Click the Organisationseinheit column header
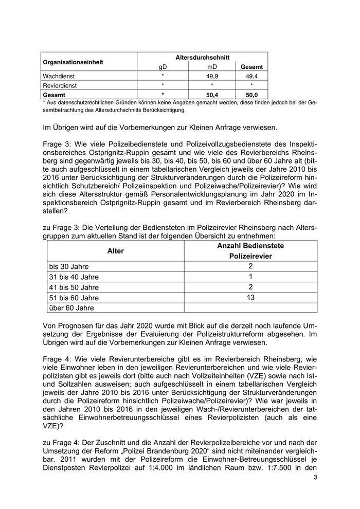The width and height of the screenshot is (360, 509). tap(73, 62)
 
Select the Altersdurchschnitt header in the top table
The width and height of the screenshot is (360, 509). tap(202, 58)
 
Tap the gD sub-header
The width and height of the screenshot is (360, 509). tap(163, 67)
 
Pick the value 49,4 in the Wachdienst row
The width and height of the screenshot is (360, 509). tap(251, 76)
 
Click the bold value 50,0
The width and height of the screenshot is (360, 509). tap(251, 95)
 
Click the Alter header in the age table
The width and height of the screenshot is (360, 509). tap(115, 251)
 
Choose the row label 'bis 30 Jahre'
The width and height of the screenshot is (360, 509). tap(69, 267)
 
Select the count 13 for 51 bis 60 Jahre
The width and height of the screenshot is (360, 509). tap(250, 297)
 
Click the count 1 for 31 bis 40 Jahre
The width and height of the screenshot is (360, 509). tap(250, 277)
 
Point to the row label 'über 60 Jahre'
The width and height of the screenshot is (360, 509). tap(71, 308)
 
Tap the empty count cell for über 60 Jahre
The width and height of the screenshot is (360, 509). tap(250, 307)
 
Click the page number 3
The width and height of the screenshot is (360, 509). tap(315, 477)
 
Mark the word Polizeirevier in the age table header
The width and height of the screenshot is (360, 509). tap(250, 256)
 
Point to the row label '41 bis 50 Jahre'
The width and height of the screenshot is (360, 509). tap(74, 287)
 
